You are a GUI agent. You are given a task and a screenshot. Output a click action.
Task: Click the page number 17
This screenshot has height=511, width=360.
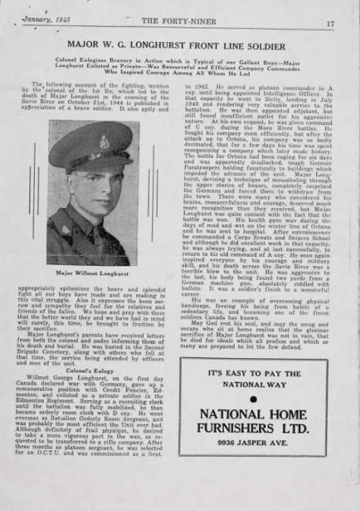[x=330, y=23]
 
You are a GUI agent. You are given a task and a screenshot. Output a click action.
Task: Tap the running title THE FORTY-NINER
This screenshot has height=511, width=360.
[x=170, y=21]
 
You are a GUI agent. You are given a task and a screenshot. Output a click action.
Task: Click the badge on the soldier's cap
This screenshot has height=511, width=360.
[x=104, y=142]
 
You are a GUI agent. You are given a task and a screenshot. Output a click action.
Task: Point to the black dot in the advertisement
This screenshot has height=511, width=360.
[x=253, y=399]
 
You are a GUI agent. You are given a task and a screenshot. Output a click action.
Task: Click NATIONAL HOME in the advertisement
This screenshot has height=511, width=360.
[x=253, y=413]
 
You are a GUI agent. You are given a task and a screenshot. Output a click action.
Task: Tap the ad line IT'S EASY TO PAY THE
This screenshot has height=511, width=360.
[x=253, y=373]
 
